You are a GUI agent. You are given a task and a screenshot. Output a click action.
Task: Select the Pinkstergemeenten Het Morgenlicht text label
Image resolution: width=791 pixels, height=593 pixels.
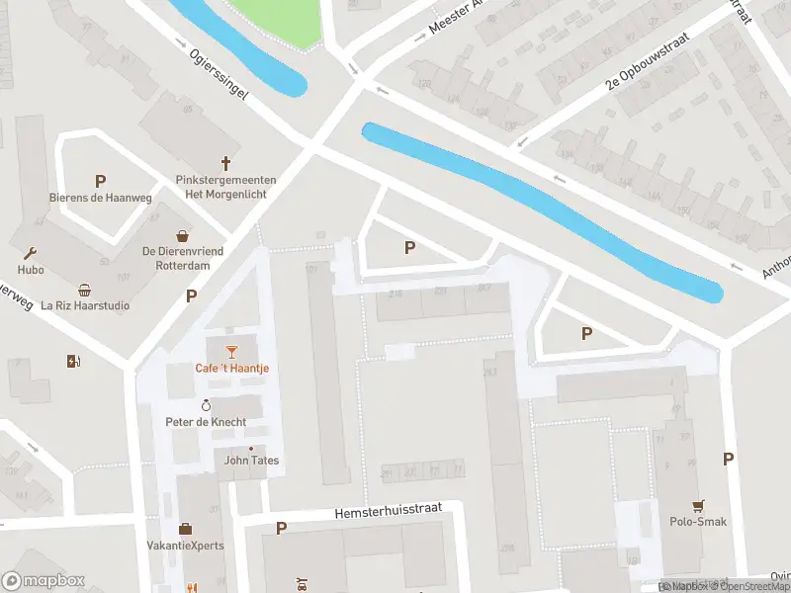click(x=225, y=187)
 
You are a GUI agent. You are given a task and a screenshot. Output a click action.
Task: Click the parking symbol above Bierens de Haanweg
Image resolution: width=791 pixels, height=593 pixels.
click(x=100, y=181)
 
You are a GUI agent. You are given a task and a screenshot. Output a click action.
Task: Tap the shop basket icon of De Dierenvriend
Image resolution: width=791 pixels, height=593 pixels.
click(x=183, y=236)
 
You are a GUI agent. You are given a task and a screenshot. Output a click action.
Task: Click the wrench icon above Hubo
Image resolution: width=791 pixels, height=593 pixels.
click(x=31, y=253)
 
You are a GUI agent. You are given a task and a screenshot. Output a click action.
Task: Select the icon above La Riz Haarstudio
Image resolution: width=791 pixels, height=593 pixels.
click(x=85, y=290)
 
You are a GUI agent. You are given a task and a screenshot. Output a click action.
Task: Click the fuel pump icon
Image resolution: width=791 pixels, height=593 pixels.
click(x=72, y=362)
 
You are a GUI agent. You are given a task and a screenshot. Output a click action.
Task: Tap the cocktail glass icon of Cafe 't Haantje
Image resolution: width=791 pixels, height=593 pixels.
click(x=231, y=351)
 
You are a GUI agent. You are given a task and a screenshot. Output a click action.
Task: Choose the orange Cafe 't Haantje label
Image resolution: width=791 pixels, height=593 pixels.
click(x=231, y=369)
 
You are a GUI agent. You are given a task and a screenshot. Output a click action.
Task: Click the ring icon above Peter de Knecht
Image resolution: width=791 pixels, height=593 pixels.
click(x=207, y=405)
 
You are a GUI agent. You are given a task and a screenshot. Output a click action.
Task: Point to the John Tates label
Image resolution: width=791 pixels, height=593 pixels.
click(x=251, y=461)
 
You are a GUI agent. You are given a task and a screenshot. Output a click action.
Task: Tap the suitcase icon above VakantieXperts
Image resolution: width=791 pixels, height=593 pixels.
click(x=186, y=529)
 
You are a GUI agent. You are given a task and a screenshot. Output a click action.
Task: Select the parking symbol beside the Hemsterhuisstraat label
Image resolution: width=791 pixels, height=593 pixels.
click(x=281, y=529)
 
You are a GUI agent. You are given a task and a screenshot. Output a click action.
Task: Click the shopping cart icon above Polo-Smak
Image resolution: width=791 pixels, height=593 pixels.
click(x=699, y=505)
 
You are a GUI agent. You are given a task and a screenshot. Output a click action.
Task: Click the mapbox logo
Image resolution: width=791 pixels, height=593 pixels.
click(x=44, y=581)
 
